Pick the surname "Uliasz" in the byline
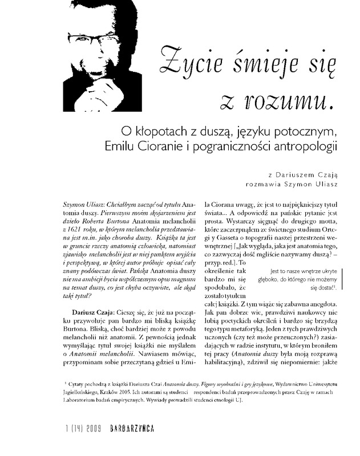[x=324, y=184]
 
